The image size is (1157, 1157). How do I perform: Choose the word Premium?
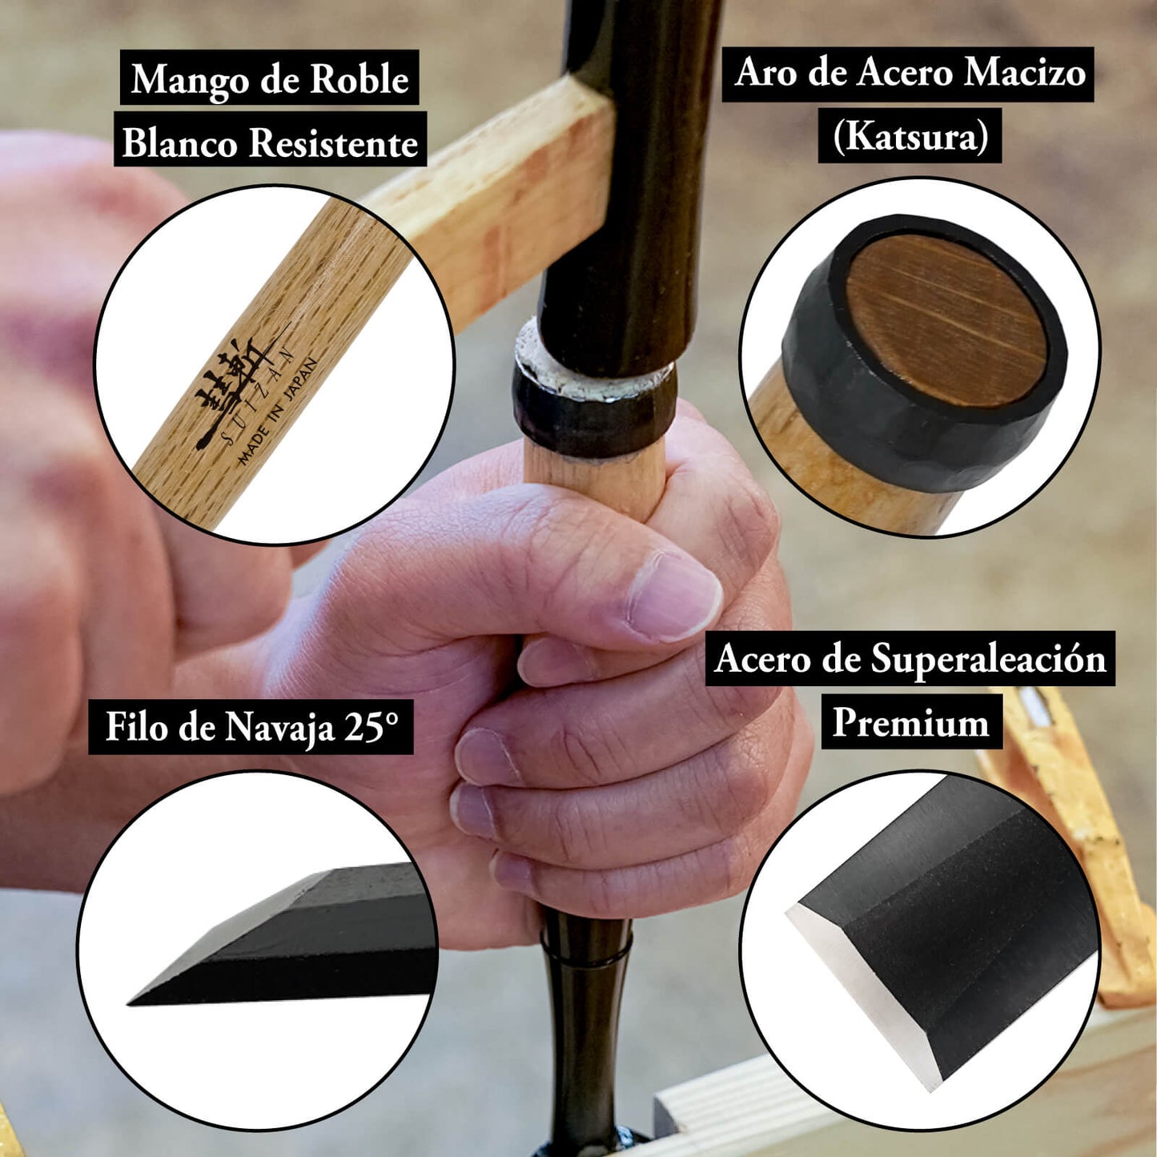910,722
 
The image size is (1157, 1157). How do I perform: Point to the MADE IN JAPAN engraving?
277,412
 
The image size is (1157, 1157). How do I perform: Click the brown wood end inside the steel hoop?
946,320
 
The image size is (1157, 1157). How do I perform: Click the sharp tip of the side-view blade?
129,1004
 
